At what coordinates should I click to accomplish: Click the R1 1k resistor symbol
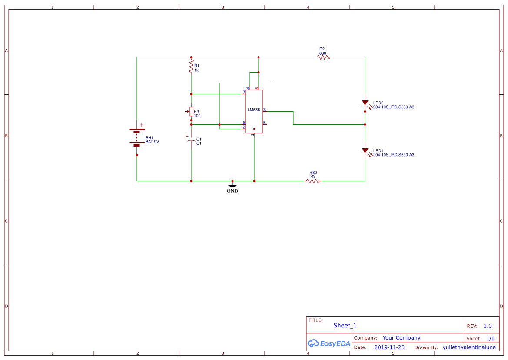191,66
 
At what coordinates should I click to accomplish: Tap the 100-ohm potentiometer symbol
191,111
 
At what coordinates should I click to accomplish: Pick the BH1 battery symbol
137,137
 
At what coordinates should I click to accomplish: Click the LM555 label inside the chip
254,110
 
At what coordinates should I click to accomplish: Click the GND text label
232,191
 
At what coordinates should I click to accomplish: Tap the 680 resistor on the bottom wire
313,181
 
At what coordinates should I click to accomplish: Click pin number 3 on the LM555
264,110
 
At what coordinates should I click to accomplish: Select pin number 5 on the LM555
264,123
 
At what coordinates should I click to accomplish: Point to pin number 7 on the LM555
244,92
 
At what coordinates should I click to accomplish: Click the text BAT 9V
152,142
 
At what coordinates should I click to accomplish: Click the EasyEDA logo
329,343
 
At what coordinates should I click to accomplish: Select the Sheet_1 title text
345,326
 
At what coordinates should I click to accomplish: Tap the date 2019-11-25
389,347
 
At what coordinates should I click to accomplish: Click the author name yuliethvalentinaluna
469,347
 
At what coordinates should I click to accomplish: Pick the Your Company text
402,338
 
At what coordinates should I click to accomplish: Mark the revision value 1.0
488,326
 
